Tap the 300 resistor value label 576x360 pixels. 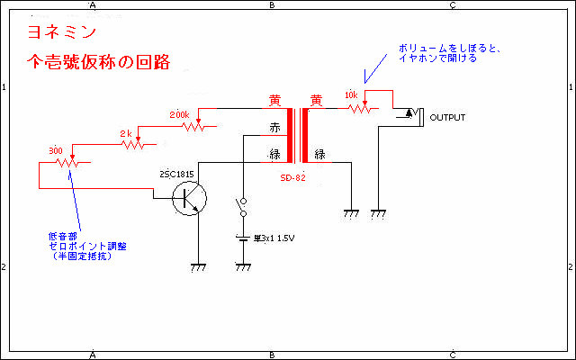55,150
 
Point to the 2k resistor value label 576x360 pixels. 126,133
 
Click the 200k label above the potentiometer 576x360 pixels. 179,115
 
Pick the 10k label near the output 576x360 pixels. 352,95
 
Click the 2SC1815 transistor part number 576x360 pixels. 176,173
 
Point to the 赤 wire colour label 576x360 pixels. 275,128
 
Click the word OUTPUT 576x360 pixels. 447,118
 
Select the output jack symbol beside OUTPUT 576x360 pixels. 407,114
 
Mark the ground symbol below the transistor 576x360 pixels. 197,267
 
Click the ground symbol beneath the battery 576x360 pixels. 242,267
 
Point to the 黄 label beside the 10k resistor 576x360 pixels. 316,100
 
